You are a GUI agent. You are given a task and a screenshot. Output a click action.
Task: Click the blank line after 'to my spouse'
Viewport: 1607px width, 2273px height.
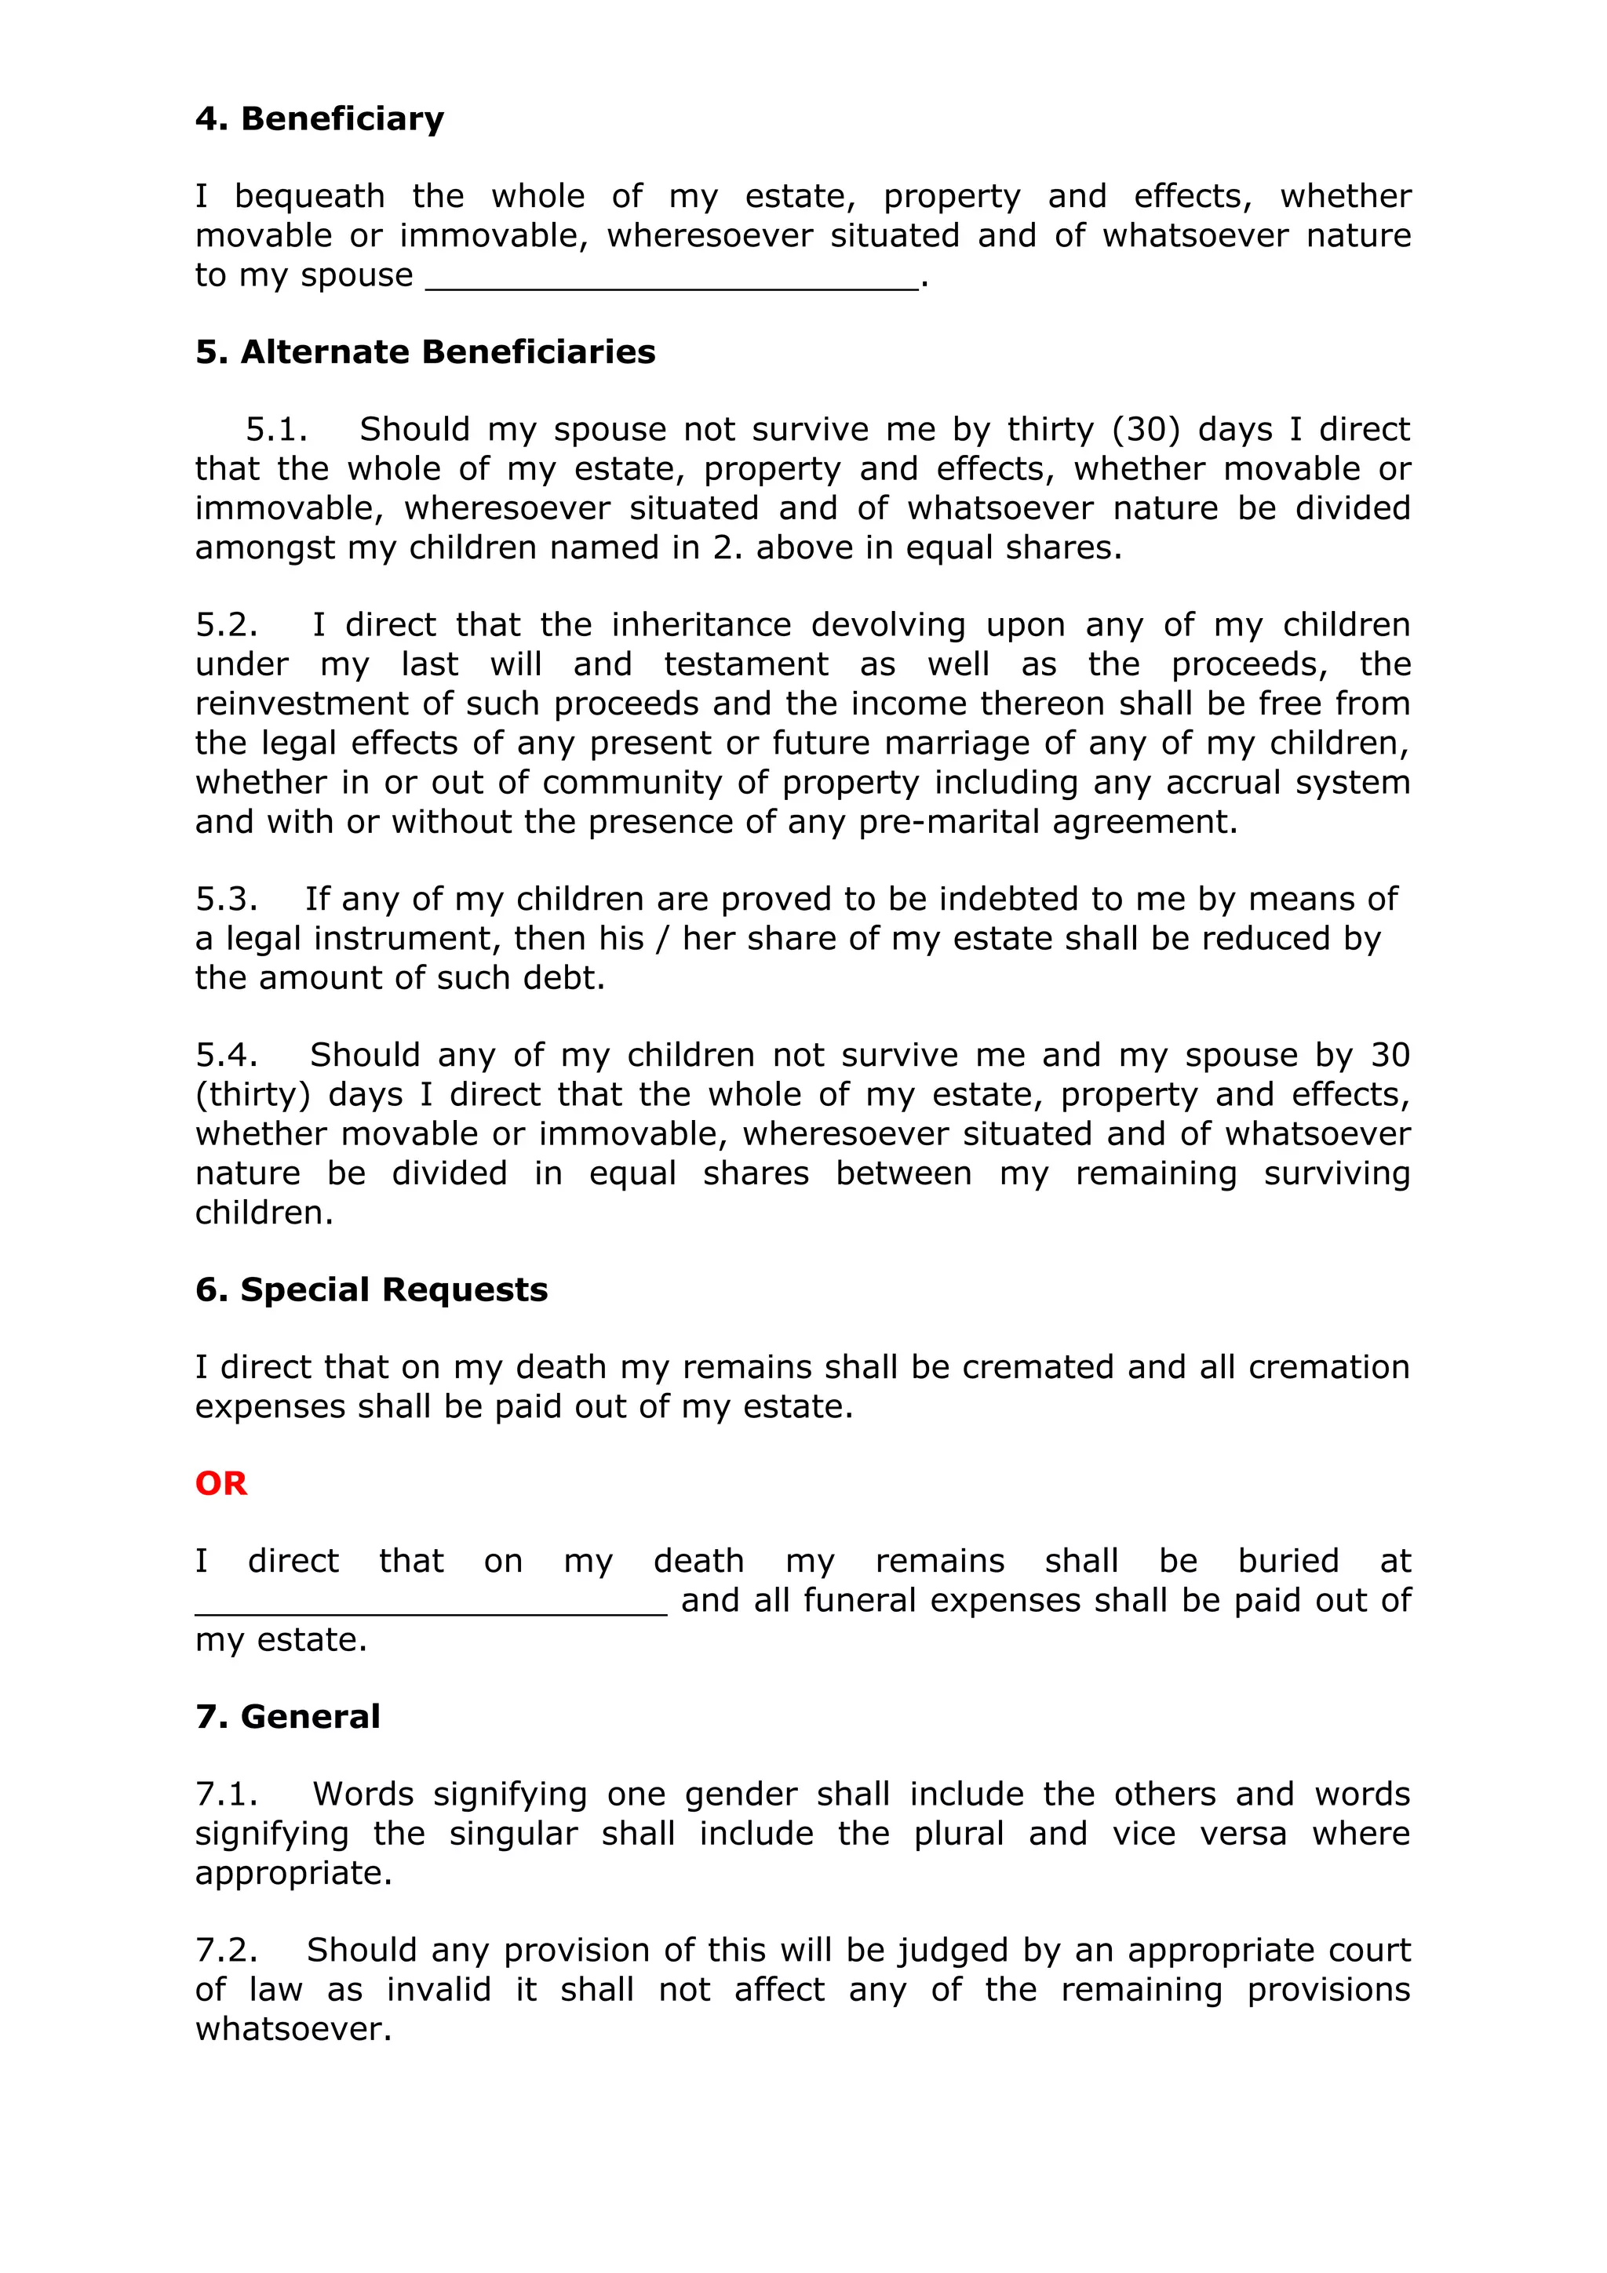[x=672, y=282]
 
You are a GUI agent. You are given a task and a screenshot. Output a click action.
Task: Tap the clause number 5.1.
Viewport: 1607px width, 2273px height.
[x=276, y=430]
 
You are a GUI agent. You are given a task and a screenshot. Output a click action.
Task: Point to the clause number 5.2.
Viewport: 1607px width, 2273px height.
[x=227, y=626]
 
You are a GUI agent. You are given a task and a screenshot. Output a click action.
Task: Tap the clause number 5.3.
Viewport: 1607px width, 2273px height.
[x=227, y=900]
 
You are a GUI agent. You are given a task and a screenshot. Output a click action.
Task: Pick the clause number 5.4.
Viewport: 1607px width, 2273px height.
[x=227, y=1056]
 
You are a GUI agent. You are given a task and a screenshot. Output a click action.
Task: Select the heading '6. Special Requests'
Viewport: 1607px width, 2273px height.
[x=371, y=1291]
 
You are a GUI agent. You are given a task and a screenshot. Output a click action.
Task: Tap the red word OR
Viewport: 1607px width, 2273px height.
[x=220, y=1484]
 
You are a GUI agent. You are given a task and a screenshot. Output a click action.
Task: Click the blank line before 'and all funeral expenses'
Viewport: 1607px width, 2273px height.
[x=431, y=1609]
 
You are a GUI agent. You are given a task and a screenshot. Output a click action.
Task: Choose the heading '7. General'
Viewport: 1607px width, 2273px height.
[x=287, y=1718]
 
